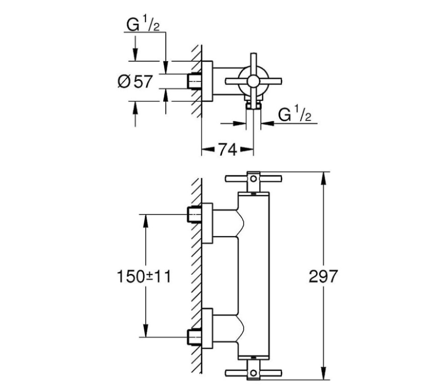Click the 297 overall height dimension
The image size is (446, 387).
pyautogui.click(x=323, y=277)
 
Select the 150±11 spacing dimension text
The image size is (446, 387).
pyautogui.click(x=144, y=277)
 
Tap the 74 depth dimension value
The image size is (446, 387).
pyautogui.click(x=227, y=149)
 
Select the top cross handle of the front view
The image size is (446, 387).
pyautogui.click(x=253, y=178)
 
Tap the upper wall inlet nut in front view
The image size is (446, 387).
pyautogui.click(x=194, y=215)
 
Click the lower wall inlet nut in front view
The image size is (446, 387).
pyautogui.click(x=194, y=336)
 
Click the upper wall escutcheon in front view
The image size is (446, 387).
pyautogui.click(x=207, y=223)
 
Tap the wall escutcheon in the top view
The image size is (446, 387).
pyautogui.click(x=207, y=81)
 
